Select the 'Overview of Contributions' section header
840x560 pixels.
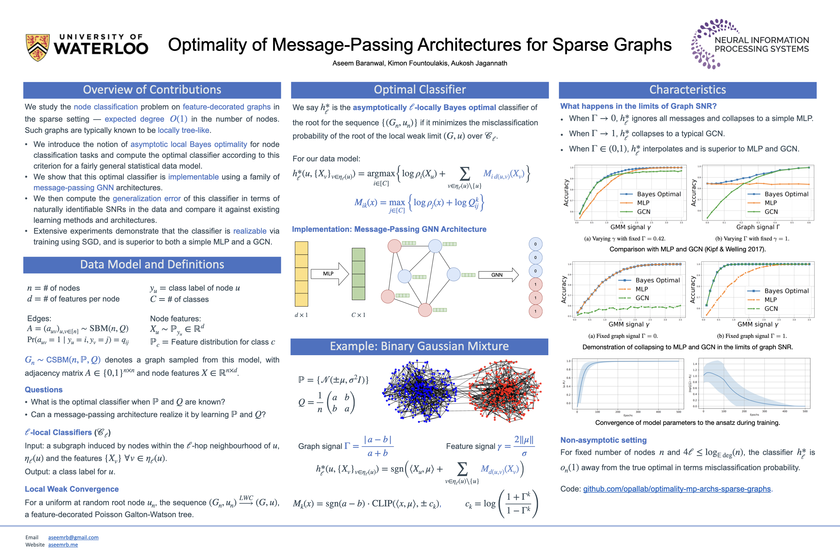coord(152,90)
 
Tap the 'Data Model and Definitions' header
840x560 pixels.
coord(152,265)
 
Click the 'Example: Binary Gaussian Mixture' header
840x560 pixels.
coord(419,346)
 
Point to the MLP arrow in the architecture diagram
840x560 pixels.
coord(329,274)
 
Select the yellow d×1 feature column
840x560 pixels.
coord(301,274)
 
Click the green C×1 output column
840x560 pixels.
coord(358,274)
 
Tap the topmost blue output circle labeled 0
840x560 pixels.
coord(535,244)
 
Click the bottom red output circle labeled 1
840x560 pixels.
coord(535,311)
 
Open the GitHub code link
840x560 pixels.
coord(677,489)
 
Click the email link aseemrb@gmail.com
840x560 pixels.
coord(73,538)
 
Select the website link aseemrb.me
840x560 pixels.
coord(63,545)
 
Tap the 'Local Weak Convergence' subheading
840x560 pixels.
coord(71,489)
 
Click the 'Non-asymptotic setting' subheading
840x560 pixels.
coord(603,440)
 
